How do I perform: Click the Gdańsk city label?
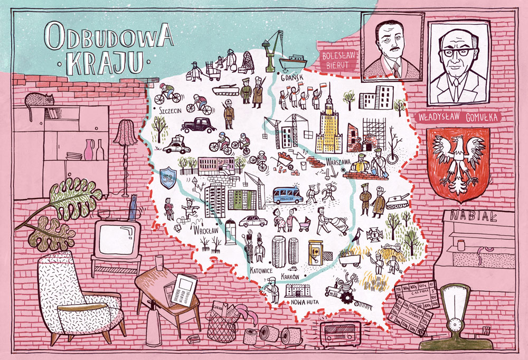tap(291, 78)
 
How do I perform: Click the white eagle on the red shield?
tap(458, 158)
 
